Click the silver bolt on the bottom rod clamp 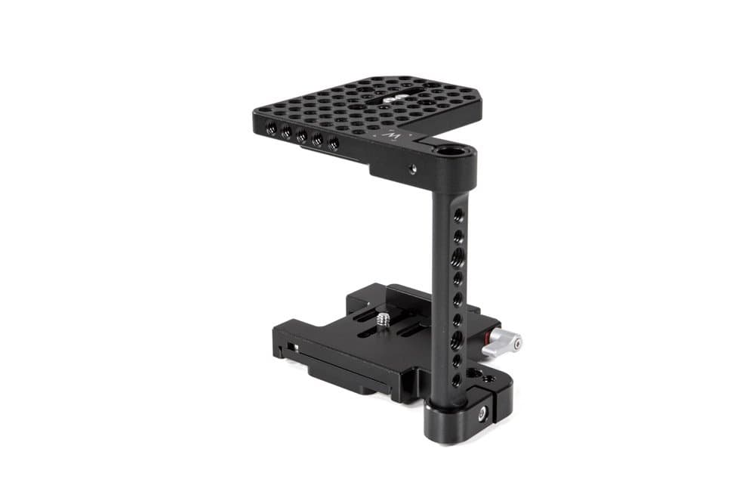[x=482, y=413]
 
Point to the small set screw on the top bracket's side [x=413, y=169]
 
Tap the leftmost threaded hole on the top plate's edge [x=270, y=128]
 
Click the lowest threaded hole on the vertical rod [x=458, y=379]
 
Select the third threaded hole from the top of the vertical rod [x=458, y=259]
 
